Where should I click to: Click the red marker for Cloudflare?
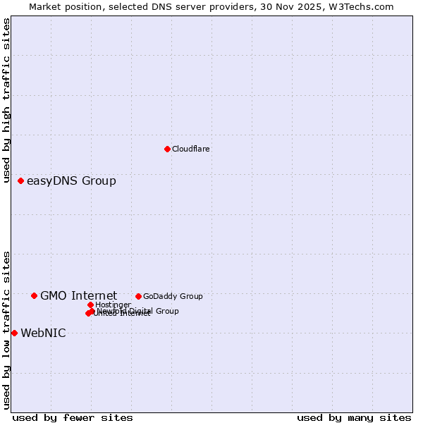[x=167, y=149]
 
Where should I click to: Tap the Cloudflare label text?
[x=191, y=149]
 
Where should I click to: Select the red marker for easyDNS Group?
[x=21, y=181]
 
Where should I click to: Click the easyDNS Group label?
[x=71, y=181]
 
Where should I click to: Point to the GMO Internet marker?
[x=34, y=295]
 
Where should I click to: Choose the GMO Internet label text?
[x=78, y=295]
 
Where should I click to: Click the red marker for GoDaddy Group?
[x=138, y=296]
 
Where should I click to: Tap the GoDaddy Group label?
[x=173, y=296]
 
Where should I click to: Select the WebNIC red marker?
[x=14, y=333]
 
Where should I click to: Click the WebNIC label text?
[x=43, y=333]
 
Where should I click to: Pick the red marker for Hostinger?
[x=90, y=305]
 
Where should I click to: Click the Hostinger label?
[x=113, y=305]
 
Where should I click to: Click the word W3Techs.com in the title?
[x=362, y=6]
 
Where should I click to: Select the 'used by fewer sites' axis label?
[x=73, y=418]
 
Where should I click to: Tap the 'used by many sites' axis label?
[x=354, y=418]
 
